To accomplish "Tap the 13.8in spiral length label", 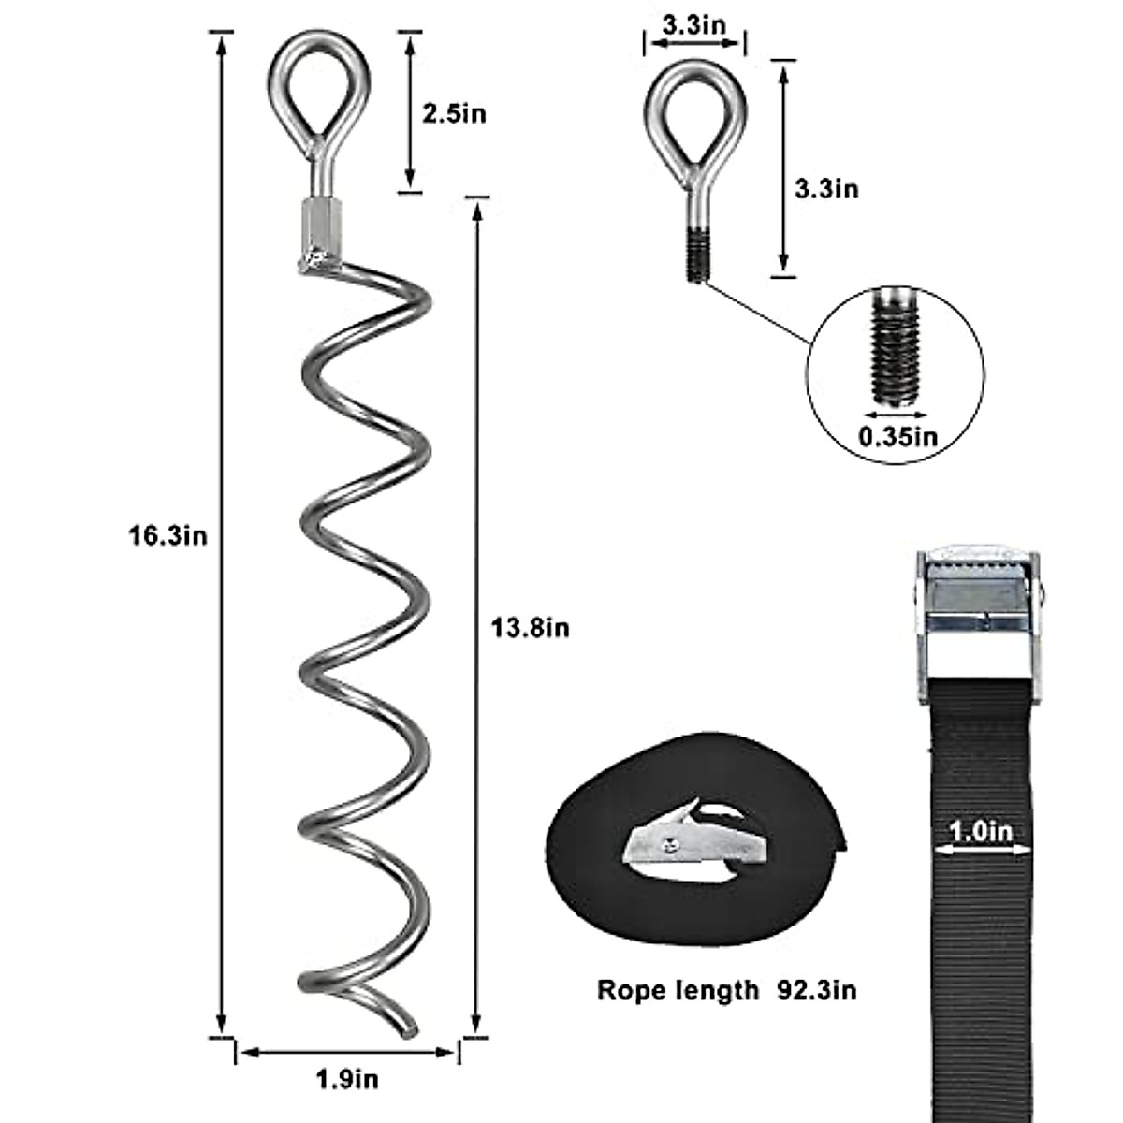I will pos(531,627).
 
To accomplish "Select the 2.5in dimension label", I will pos(454,114).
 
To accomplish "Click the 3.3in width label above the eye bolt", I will pos(693,24).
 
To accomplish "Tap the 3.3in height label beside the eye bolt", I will pos(826,188).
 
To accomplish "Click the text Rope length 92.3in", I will pos(726,990).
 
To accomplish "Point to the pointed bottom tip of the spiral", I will pos(408,1029).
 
